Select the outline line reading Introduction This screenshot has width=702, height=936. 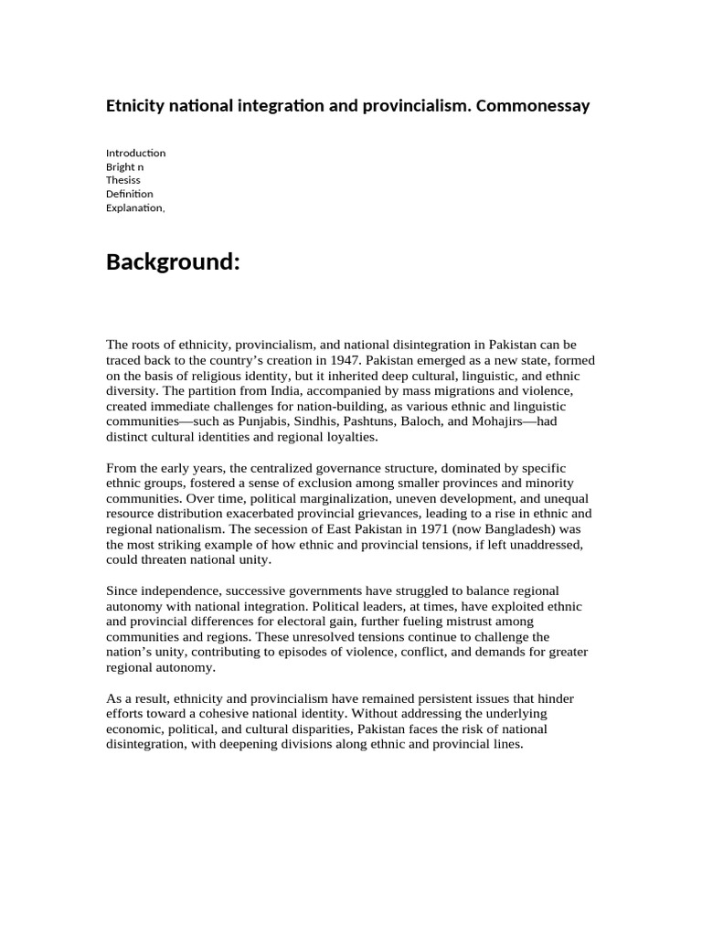(x=135, y=153)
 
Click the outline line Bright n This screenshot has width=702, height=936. (x=124, y=166)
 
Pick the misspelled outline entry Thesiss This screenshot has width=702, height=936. (x=124, y=180)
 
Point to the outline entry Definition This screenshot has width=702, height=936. (x=130, y=194)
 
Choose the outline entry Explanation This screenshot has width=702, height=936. (x=134, y=207)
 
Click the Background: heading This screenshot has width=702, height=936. (x=173, y=263)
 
